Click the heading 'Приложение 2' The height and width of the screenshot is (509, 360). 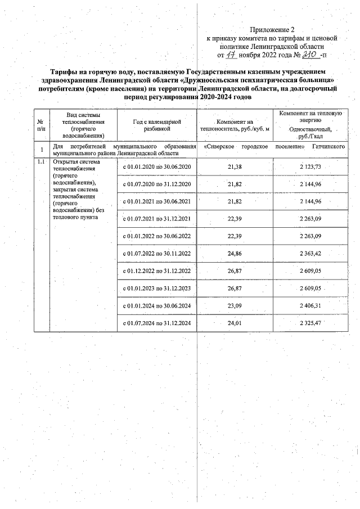pyautogui.click(x=272, y=29)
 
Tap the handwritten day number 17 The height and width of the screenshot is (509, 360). pyautogui.click(x=231, y=56)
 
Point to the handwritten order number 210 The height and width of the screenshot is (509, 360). pyautogui.click(x=309, y=55)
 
